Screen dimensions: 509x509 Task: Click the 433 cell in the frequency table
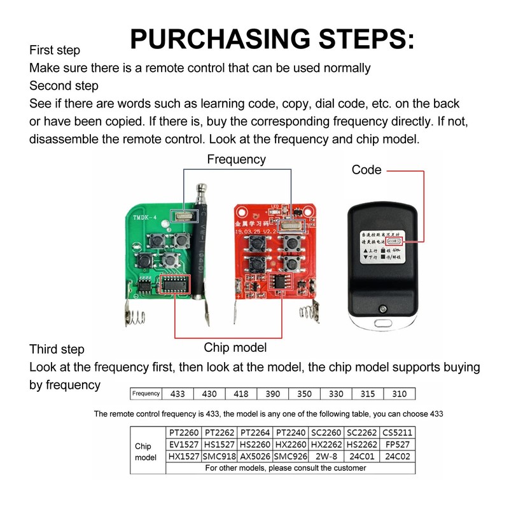[x=178, y=394]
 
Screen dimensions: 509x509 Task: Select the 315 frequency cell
[x=368, y=394]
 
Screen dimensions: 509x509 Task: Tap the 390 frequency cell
[x=272, y=394]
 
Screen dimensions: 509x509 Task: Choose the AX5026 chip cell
[x=254, y=457]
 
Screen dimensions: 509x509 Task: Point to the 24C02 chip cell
[x=398, y=457]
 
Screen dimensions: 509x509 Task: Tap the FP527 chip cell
[x=398, y=445]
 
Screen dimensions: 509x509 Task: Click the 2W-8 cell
[x=326, y=457]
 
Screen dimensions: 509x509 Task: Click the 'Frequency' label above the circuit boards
[x=236, y=160]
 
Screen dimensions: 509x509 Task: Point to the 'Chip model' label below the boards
[x=235, y=347]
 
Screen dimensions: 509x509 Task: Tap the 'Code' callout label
[x=366, y=170]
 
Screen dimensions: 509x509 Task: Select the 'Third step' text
[x=57, y=349]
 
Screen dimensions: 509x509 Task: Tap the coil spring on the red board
[x=307, y=312]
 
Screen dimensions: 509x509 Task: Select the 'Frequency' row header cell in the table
[x=146, y=394]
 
